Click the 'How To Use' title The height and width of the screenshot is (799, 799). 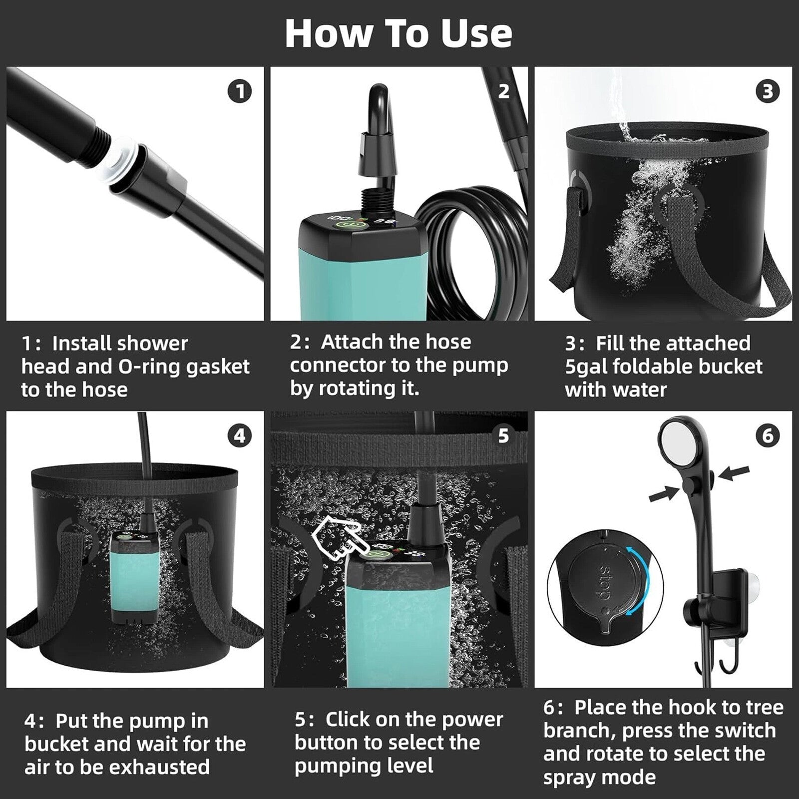(399, 33)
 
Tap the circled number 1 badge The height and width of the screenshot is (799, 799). (240, 92)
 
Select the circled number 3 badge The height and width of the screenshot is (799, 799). (768, 91)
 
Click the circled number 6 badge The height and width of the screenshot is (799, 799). (768, 436)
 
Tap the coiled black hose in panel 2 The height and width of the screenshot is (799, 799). (469, 250)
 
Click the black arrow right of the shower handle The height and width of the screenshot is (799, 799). (734, 472)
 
